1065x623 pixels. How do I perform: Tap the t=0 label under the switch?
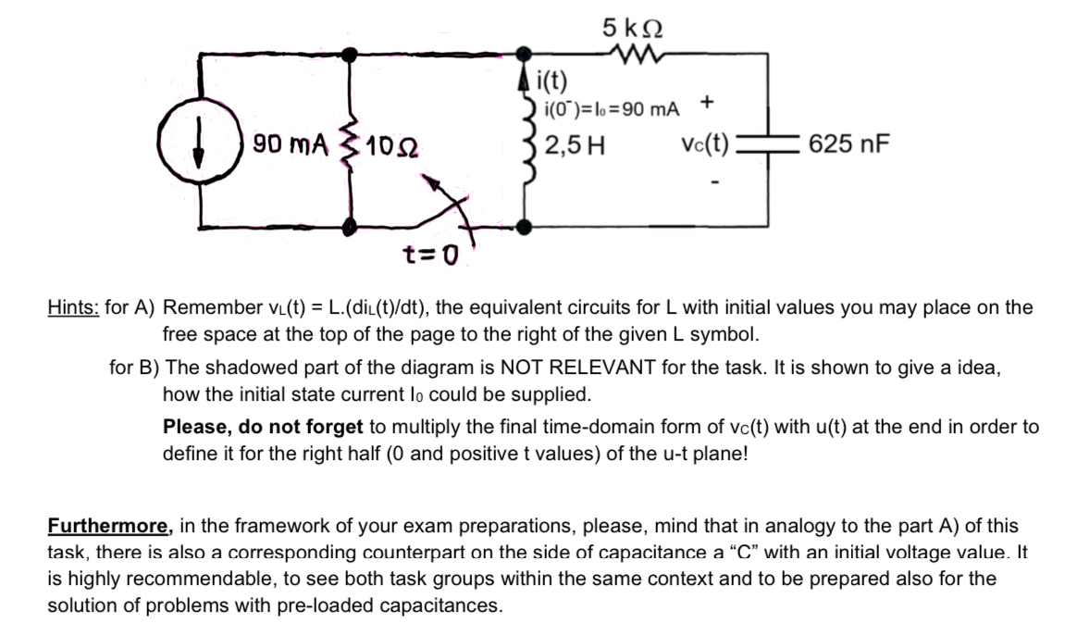pyautogui.click(x=430, y=253)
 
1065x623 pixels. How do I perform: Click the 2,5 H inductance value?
pyautogui.click(x=574, y=145)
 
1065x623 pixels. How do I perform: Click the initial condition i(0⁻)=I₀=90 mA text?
pyautogui.click(x=611, y=109)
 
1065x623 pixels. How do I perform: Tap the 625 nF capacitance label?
pyautogui.click(x=848, y=144)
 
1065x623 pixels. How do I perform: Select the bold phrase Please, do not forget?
pyautogui.click(x=264, y=428)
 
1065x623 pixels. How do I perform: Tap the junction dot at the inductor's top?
pyautogui.click(x=526, y=55)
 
